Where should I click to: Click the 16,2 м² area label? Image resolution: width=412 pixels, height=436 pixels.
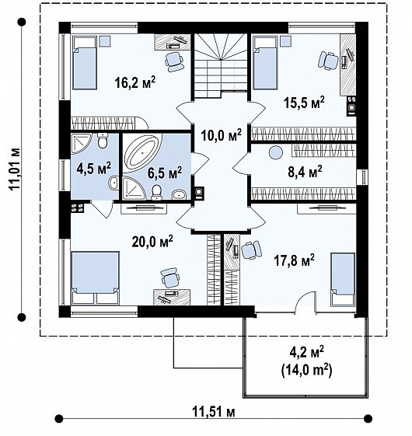point(135,82)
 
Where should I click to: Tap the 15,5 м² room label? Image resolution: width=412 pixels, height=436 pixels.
point(304,103)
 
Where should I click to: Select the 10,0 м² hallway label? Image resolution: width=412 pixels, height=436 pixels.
point(222,135)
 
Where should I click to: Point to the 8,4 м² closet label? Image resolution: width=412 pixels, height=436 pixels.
point(305,172)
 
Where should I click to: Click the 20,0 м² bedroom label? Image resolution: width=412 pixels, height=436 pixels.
point(152,241)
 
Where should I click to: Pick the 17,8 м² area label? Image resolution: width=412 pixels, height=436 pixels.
point(295,260)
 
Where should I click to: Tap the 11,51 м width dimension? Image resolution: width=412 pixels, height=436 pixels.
point(213,412)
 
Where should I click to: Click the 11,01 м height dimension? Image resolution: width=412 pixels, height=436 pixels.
point(15,169)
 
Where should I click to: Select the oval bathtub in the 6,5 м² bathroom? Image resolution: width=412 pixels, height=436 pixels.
point(142,153)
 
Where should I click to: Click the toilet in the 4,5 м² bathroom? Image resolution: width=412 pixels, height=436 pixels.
point(103,141)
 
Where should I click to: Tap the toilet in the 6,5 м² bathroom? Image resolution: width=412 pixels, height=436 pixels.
point(156,192)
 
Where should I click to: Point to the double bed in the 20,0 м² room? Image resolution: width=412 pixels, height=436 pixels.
point(96,277)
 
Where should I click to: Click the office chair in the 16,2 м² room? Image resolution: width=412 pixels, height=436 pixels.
point(174,62)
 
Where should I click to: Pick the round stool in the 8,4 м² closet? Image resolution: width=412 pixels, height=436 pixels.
point(276,152)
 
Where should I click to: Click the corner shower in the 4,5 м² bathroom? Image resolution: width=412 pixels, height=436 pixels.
point(81,143)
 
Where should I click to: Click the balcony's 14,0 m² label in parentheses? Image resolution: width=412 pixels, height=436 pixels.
point(306,371)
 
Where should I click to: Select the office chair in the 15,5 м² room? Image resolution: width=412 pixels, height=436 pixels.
point(328,61)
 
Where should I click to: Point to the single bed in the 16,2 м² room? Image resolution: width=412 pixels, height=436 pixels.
point(85,63)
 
